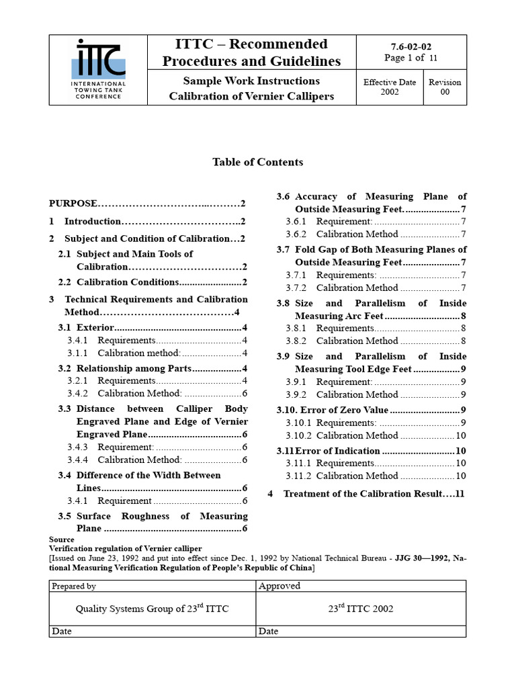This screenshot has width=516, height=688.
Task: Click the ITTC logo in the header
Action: click(x=99, y=69)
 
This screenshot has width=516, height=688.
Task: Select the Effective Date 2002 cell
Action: click(x=390, y=87)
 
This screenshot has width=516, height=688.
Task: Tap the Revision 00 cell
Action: click(x=445, y=87)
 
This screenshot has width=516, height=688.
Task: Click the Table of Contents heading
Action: click(x=257, y=162)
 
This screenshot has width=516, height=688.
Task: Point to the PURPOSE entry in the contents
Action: click(x=74, y=203)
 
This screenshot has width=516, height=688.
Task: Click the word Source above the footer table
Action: click(x=62, y=540)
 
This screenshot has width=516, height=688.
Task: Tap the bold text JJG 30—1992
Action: click(x=421, y=558)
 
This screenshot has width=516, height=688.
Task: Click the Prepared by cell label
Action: click(x=74, y=586)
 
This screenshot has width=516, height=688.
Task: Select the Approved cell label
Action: click(x=279, y=586)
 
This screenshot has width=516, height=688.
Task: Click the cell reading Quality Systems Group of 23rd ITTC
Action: click(x=152, y=609)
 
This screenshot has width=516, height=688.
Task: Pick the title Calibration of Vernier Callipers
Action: click(x=251, y=96)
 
